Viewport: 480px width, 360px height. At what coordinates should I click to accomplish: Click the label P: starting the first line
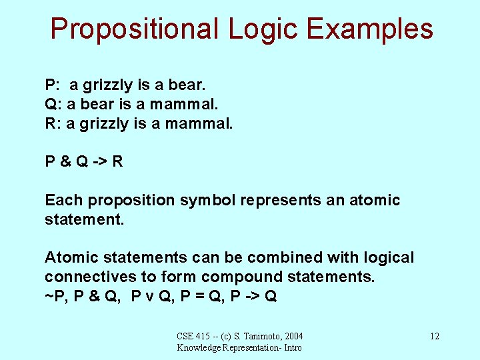[53, 85]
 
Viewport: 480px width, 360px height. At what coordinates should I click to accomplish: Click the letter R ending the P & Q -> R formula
[117, 161]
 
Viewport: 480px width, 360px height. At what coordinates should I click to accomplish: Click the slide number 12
[434, 336]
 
